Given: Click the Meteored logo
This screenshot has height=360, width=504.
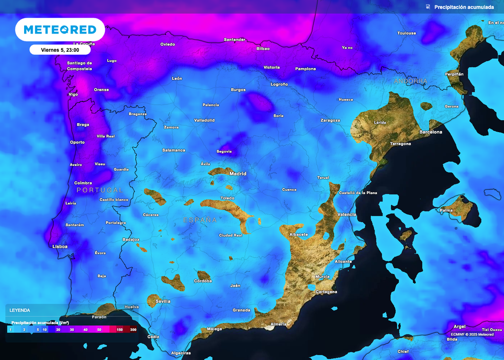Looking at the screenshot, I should pyautogui.click(x=60, y=30).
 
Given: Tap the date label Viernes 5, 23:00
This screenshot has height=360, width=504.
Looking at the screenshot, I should pyautogui.click(x=60, y=50).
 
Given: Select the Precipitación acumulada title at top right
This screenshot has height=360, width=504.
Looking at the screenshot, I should pyautogui.click(x=464, y=7).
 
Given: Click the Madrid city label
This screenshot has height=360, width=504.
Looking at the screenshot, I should pyautogui.click(x=238, y=174).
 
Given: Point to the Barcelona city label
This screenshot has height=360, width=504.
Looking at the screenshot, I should pyautogui.click(x=431, y=132).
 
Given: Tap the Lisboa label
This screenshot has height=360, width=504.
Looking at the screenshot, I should pyautogui.click(x=60, y=246).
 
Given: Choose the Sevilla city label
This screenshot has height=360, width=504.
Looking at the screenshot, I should pyautogui.click(x=163, y=301).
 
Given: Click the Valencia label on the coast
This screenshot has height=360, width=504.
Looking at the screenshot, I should pyautogui.click(x=347, y=215).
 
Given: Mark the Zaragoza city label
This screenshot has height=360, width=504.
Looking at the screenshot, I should pyautogui.click(x=330, y=120).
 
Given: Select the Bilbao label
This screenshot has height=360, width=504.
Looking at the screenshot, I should pyautogui.click(x=263, y=49).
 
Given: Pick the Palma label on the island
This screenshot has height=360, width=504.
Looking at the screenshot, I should pyautogui.click(x=446, y=210).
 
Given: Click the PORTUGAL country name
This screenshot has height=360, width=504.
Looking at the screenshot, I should pyautogui.click(x=100, y=190).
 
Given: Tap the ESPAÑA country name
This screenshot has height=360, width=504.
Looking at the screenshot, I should pyautogui.click(x=200, y=220).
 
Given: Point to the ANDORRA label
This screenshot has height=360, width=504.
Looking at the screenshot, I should pyautogui.click(x=410, y=81).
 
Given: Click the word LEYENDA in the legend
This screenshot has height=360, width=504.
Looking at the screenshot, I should pyautogui.click(x=20, y=310).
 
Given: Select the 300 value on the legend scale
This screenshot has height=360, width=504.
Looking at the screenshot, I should pyautogui.click(x=133, y=329).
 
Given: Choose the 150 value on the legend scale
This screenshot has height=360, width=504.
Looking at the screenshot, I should pyautogui.click(x=120, y=329).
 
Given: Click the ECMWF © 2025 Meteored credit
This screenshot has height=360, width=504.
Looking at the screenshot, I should pyautogui.click(x=472, y=334).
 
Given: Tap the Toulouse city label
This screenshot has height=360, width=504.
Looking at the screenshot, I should pyautogui.click(x=407, y=33).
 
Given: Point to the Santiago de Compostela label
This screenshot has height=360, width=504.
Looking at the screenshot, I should pyautogui.click(x=79, y=65).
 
